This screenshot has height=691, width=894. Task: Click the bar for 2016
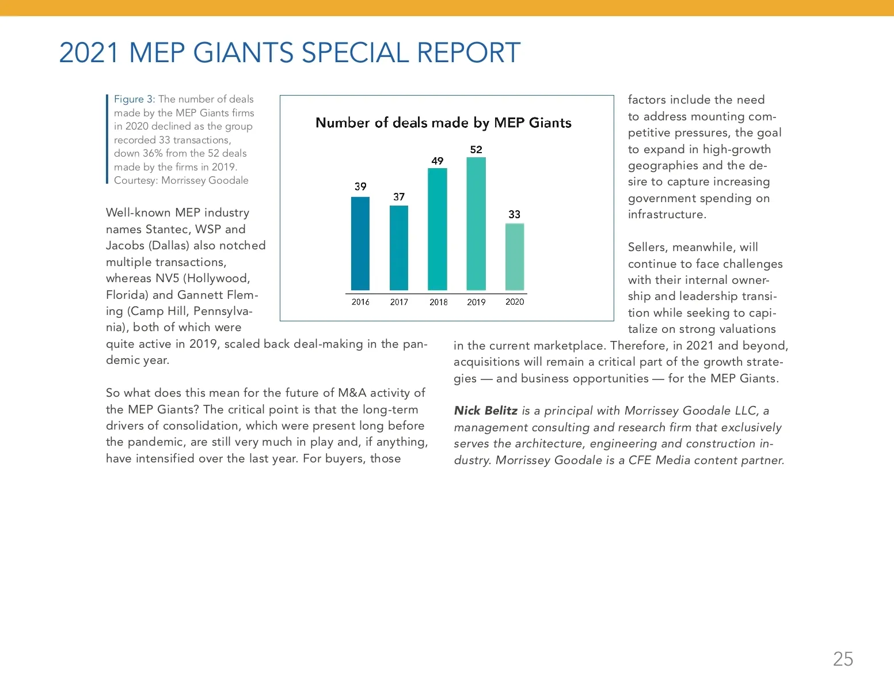[360, 244]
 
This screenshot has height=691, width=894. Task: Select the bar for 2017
[399, 248]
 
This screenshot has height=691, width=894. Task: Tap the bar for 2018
[438, 229]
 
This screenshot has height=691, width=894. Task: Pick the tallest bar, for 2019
[476, 223]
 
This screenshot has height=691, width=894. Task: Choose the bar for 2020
[515, 257]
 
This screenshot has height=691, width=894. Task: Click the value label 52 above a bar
[476, 150]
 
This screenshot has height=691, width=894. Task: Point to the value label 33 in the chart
[515, 214]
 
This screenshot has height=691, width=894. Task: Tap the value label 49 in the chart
[438, 161]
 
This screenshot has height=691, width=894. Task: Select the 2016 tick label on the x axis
[360, 302]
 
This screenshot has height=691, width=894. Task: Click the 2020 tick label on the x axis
[515, 302]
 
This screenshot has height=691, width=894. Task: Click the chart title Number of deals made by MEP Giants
[443, 123]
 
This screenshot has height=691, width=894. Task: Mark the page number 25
[843, 659]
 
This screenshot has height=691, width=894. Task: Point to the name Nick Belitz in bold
[485, 411]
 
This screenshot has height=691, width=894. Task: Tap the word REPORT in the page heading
[469, 53]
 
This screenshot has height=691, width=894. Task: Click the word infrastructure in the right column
[666, 214]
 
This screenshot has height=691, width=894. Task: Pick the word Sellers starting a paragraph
[646, 247]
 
